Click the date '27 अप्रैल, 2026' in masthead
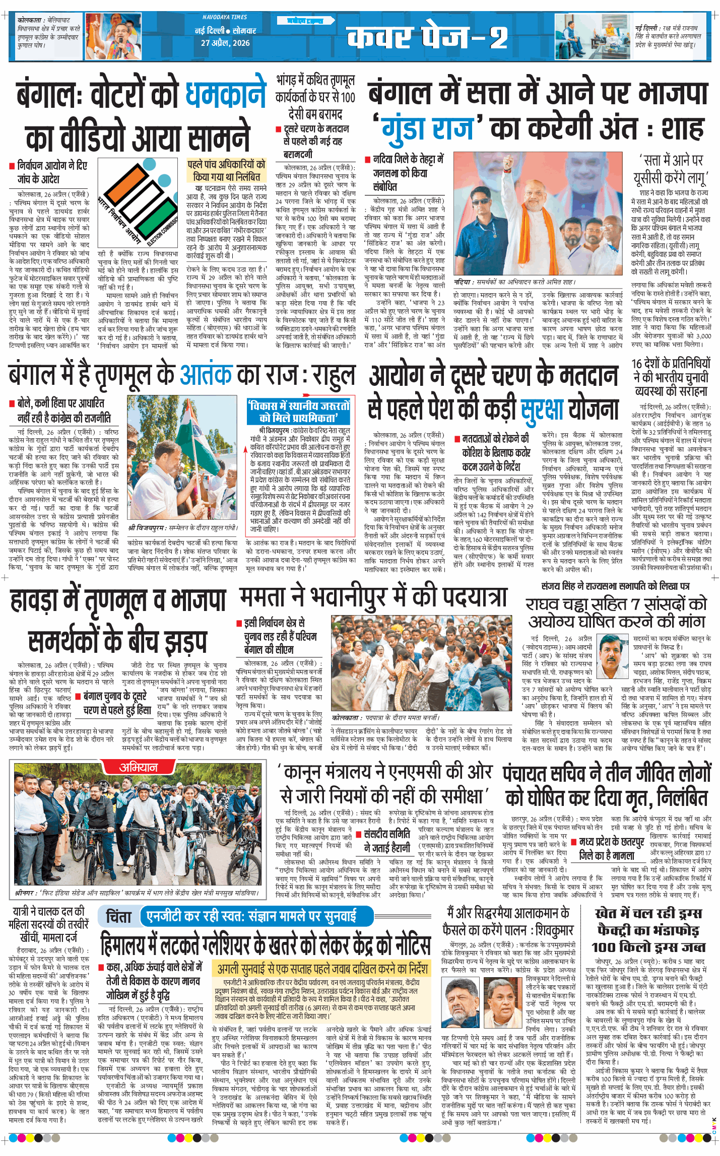pyautogui.click(x=225, y=43)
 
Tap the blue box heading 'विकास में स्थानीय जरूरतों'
pyautogui.click(x=298, y=412)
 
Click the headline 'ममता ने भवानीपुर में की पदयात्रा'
pyautogui.click(x=373, y=598)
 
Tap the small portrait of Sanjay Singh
pyautogui.click(x=613, y=649)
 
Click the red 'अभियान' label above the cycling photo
pyautogui.click(x=138, y=767)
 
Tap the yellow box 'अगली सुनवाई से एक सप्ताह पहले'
pyautogui.click(x=322, y=968)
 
